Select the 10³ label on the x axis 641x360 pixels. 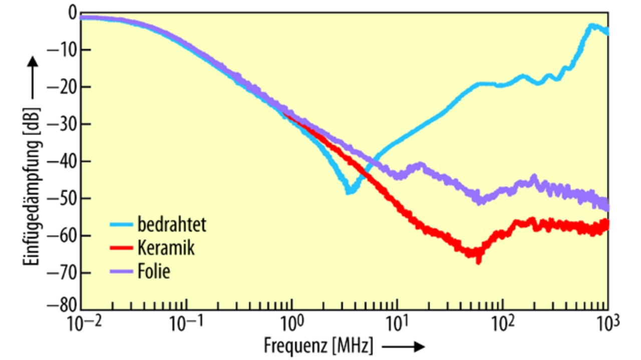click(607, 325)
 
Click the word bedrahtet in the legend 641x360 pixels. click(171, 224)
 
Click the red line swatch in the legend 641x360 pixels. click(122, 248)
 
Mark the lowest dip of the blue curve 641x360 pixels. click(349, 191)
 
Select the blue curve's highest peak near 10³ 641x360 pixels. click(593, 26)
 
